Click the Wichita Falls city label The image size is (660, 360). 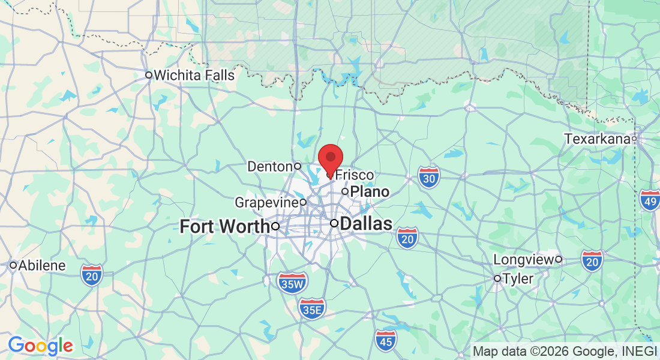coord(194,76)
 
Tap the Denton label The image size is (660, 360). coord(271,166)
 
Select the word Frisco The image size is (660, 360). coord(354,175)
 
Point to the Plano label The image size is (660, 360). coord(370,192)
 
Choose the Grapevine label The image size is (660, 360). coord(266,202)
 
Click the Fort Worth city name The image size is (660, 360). coord(224,226)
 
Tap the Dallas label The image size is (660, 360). coord(366,224)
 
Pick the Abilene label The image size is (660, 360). coord(42,265)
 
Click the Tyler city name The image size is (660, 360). coord(518,278)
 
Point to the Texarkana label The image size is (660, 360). coord(597,139)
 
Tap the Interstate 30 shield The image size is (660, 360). coord(429,176)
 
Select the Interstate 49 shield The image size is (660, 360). coord(649,199)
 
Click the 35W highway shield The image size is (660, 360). coord(292,282)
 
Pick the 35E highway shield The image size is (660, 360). coord(312,308)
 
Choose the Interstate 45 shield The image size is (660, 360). coord(386,340)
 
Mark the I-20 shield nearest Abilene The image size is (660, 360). coord(92,274)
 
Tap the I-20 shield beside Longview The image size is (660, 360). coord(592,260)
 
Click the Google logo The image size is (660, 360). coord(40,346)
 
